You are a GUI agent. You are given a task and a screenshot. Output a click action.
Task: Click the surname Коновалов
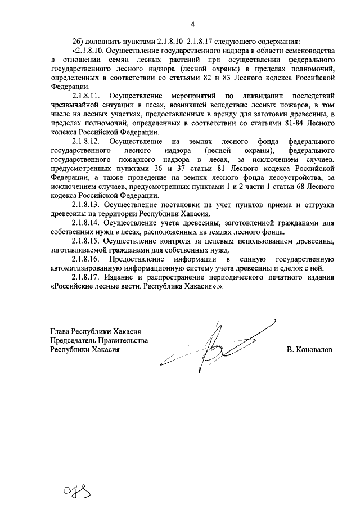point(313,349)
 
